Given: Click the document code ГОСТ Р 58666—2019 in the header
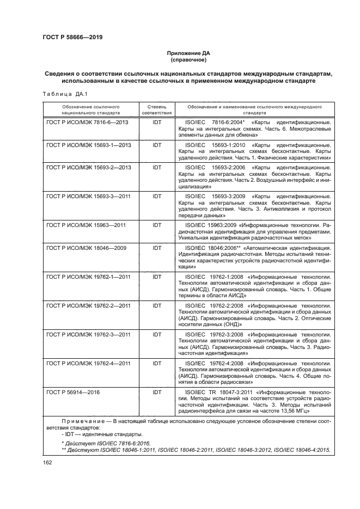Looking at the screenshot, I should pyautogui.click(x=72, y=38).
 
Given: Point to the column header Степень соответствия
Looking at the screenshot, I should pyautogui.click(x=157, y=109).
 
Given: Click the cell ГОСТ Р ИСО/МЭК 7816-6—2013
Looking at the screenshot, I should pyautogui.click(x=87, y=123).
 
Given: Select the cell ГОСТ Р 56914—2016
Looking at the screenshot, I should pyautogui.click(x=73, y=391).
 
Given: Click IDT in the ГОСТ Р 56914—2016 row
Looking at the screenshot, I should pyautogui.click(x=157, y=391).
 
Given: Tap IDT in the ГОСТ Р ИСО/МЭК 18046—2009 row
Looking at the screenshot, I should pyautogui.click(x=157, y=248).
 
